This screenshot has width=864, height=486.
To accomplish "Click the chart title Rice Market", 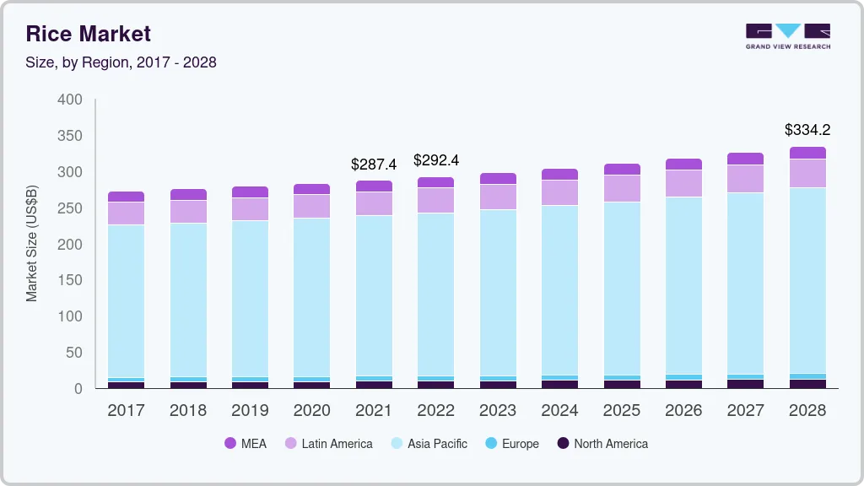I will (x=89, y=34).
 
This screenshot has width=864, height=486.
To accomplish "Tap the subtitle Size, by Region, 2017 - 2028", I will (x=121, y=62).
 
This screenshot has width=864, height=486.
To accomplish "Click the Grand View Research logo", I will (x=787, y=35).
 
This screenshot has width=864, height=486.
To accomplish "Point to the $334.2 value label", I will (x=807, y=130).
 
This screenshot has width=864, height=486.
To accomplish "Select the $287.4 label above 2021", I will (x=374, y=164).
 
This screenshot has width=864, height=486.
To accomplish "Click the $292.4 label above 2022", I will (x=435, y=160).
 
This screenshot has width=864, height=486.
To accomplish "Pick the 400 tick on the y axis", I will (x=70, y=100).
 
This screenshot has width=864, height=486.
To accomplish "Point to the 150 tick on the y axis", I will (x=70, y=280).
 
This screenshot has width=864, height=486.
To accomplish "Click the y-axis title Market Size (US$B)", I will (x=32, y=245).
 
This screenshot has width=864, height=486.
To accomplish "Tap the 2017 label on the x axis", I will (x=126, y=411).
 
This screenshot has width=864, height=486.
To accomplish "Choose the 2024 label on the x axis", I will (x=559, y=411).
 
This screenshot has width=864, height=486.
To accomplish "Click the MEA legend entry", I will (x=245, y=443).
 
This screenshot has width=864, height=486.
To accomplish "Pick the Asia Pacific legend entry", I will (x=428, y=443).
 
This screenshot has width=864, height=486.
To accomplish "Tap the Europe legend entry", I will (x=510, y=443).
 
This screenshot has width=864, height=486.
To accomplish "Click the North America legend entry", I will (x=602, y=443).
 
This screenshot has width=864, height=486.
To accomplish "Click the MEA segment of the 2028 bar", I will (x=807, y=153).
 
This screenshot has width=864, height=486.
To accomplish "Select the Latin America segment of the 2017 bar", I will (x=126, y=213).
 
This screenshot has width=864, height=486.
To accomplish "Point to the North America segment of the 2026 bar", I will (x=683, y=384).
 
